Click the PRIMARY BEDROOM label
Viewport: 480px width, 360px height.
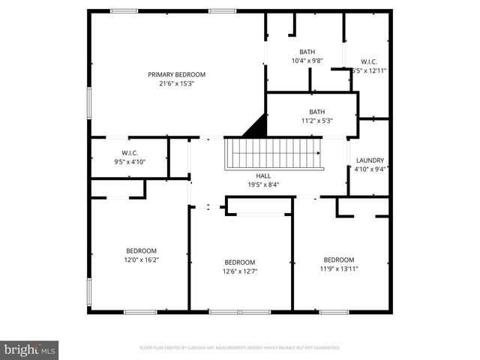pyautogui.click(x=176, y=74)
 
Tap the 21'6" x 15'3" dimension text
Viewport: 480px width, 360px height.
pyautogui.click(x=176, y=84)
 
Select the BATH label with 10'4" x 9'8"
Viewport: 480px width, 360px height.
pyautogui.click(x=307, y=52)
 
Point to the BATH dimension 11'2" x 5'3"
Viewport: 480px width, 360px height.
pyautogui.click(x=317, y=120)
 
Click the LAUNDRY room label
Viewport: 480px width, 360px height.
pyautogui.click(x=370, y=160)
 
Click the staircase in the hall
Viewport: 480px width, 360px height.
pyautogui.click(x=274, y=153)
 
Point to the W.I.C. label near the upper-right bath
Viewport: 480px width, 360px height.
pyautogui.click(x=369, y=61)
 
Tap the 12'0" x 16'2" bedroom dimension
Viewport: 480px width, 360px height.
pyautogui.click(x=141, y=259)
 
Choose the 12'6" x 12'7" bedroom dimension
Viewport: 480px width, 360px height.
pyautogui.click(x=240, y=271)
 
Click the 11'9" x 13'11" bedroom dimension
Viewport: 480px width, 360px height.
pyautogui.click(x=339, y=268)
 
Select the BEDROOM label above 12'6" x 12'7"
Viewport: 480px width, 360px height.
pyautogui.click(x=240, y=262)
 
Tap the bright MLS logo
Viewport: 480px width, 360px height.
pyautogui.click(x=30, y=349)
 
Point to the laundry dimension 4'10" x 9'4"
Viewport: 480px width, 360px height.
pyautogui.click(x=370, y=169)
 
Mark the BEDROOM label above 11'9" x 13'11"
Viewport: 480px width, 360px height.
pyautogui.click(x=339, y=259)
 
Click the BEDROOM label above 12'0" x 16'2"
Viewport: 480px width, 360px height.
pyautogui.click(x=141, y=250)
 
